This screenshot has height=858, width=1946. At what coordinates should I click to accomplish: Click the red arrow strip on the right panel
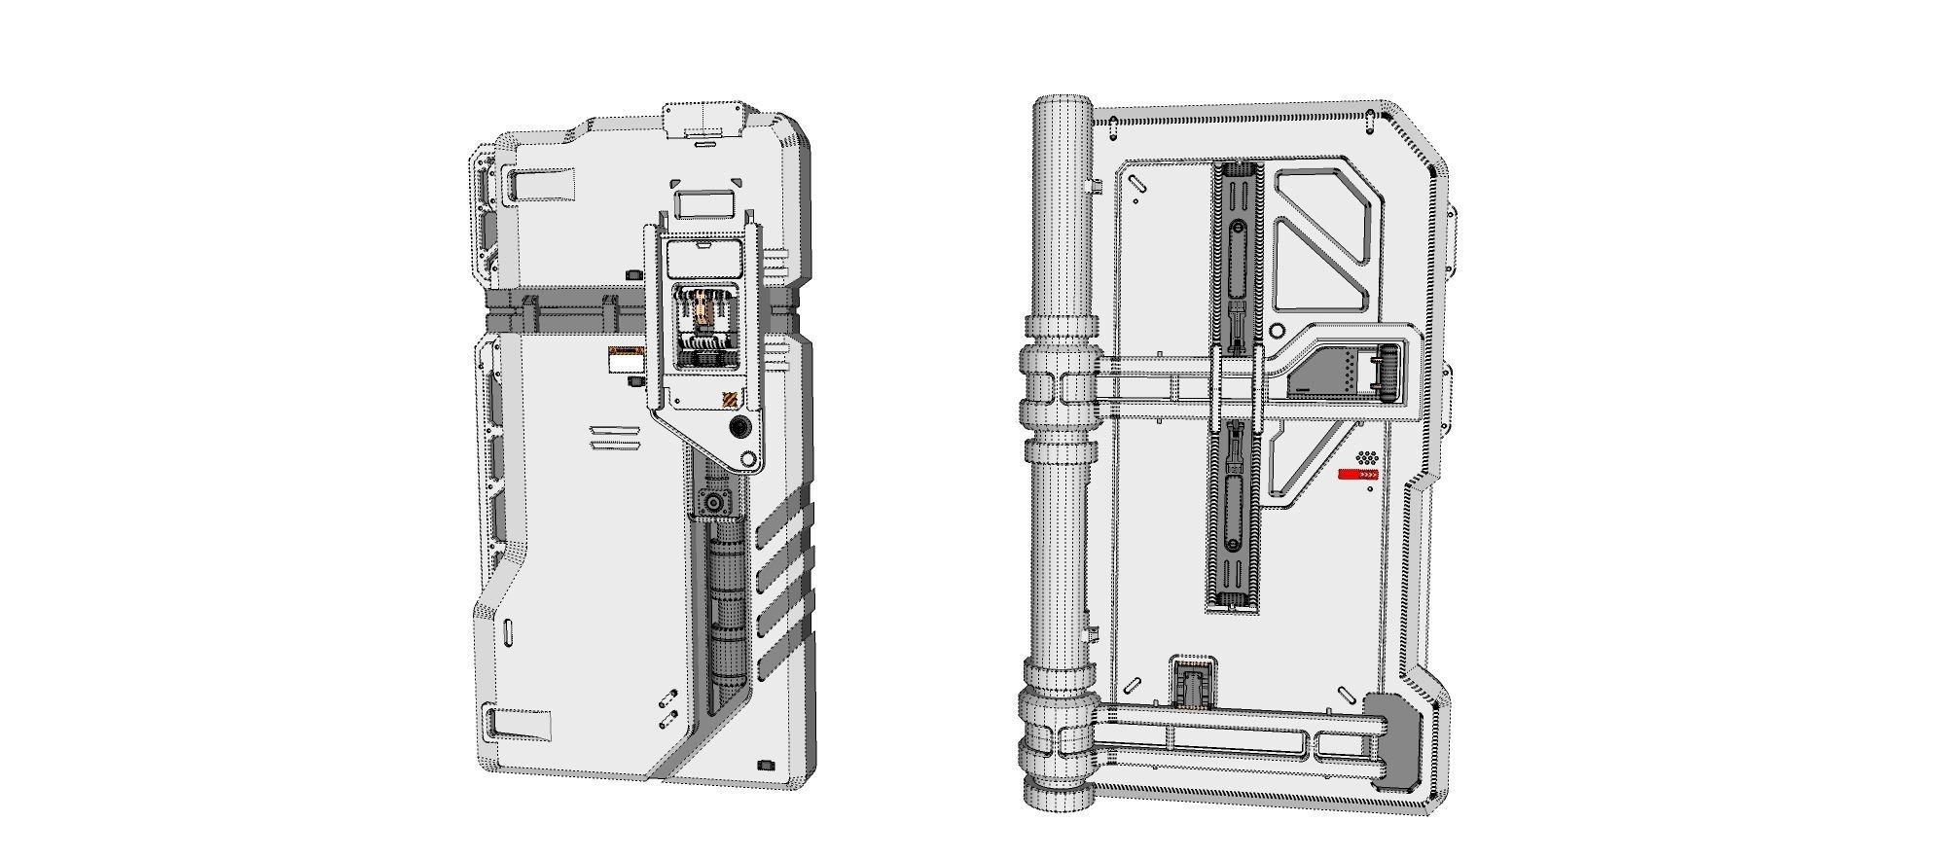[1358, 475]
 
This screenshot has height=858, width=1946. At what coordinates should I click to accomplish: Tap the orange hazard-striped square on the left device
[729, 401]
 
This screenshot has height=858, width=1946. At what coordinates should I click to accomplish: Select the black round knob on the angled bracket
[741, 428]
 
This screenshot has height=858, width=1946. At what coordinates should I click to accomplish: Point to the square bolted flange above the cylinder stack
[717, 503]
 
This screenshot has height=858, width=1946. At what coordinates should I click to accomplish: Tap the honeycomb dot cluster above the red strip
[1366, 456]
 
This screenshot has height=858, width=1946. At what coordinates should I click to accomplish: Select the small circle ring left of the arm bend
[1279, 333]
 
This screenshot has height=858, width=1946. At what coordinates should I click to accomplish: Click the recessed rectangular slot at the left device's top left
[542, 185]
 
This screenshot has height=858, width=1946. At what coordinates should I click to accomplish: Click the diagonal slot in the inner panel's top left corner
[1135, 181]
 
